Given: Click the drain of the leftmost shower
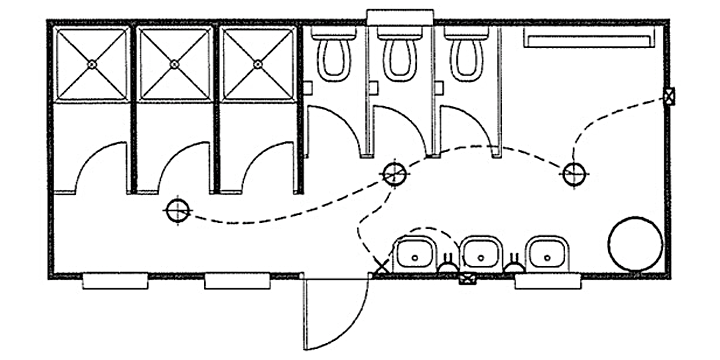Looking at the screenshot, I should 91,64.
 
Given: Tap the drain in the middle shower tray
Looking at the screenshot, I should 175,64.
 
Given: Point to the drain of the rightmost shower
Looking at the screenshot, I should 257,64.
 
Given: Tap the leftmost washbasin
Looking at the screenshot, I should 417,254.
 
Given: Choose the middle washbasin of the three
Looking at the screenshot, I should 482,254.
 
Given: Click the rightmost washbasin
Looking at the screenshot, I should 547,254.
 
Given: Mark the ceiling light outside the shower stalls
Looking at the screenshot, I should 177,211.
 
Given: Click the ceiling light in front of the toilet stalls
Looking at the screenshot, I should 396,175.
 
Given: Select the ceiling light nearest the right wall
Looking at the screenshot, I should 574,175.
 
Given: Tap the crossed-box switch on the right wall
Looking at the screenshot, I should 669,97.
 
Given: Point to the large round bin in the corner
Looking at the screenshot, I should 635,241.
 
